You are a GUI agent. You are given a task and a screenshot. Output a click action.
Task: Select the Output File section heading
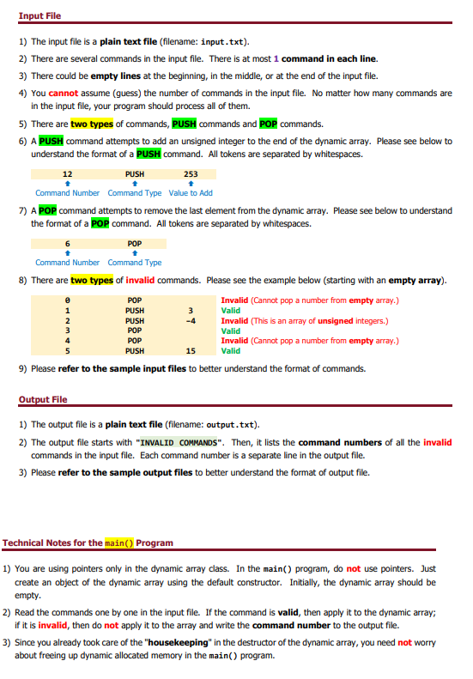coord(43,400)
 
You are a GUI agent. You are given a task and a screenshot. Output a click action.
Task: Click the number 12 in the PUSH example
coord(67,174)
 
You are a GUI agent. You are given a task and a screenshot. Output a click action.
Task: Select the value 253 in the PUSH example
coord(191,174)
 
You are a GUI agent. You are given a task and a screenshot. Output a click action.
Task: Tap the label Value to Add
coord(191,193)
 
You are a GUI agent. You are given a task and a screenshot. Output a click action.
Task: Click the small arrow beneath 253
coord(191,184)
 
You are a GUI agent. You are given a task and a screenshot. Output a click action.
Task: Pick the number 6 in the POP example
coord(67,244)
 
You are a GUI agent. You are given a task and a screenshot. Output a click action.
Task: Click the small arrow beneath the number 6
coord(67,253)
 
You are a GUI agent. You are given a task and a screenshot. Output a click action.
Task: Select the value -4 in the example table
coord(191,320)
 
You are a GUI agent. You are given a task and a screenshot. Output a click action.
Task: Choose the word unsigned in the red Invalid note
coord(341,320)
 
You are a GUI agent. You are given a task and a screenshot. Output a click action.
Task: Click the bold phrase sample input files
coord(144,369)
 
